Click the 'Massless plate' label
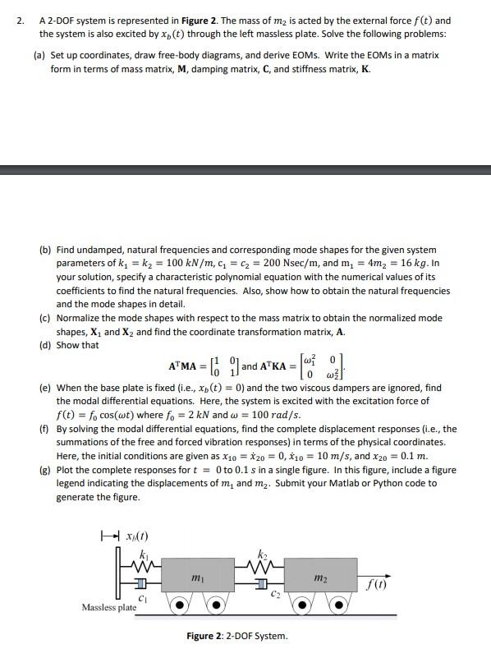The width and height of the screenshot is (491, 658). (109, 608)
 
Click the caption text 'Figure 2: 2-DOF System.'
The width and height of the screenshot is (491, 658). (237, 636)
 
